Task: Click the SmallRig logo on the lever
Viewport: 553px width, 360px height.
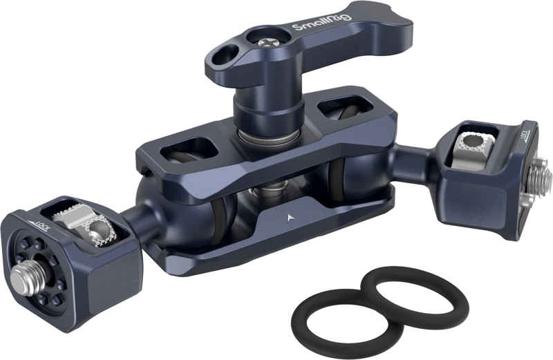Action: coord(322,21)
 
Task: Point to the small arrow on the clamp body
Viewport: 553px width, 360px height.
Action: coord(290,218)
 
